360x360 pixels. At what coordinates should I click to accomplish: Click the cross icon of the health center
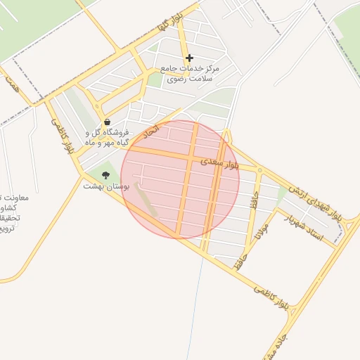click(188, 58)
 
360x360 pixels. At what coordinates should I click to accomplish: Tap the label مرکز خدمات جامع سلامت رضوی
click(190, 74)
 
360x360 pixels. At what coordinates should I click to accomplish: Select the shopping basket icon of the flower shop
click(105, 121)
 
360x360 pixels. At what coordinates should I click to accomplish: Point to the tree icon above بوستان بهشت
click(105, 174)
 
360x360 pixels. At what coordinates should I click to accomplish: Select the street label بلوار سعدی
click(219, 162)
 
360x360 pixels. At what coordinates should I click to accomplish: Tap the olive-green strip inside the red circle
click(147, 200)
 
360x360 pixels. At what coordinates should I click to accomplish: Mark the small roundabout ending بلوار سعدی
click(259, 170)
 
